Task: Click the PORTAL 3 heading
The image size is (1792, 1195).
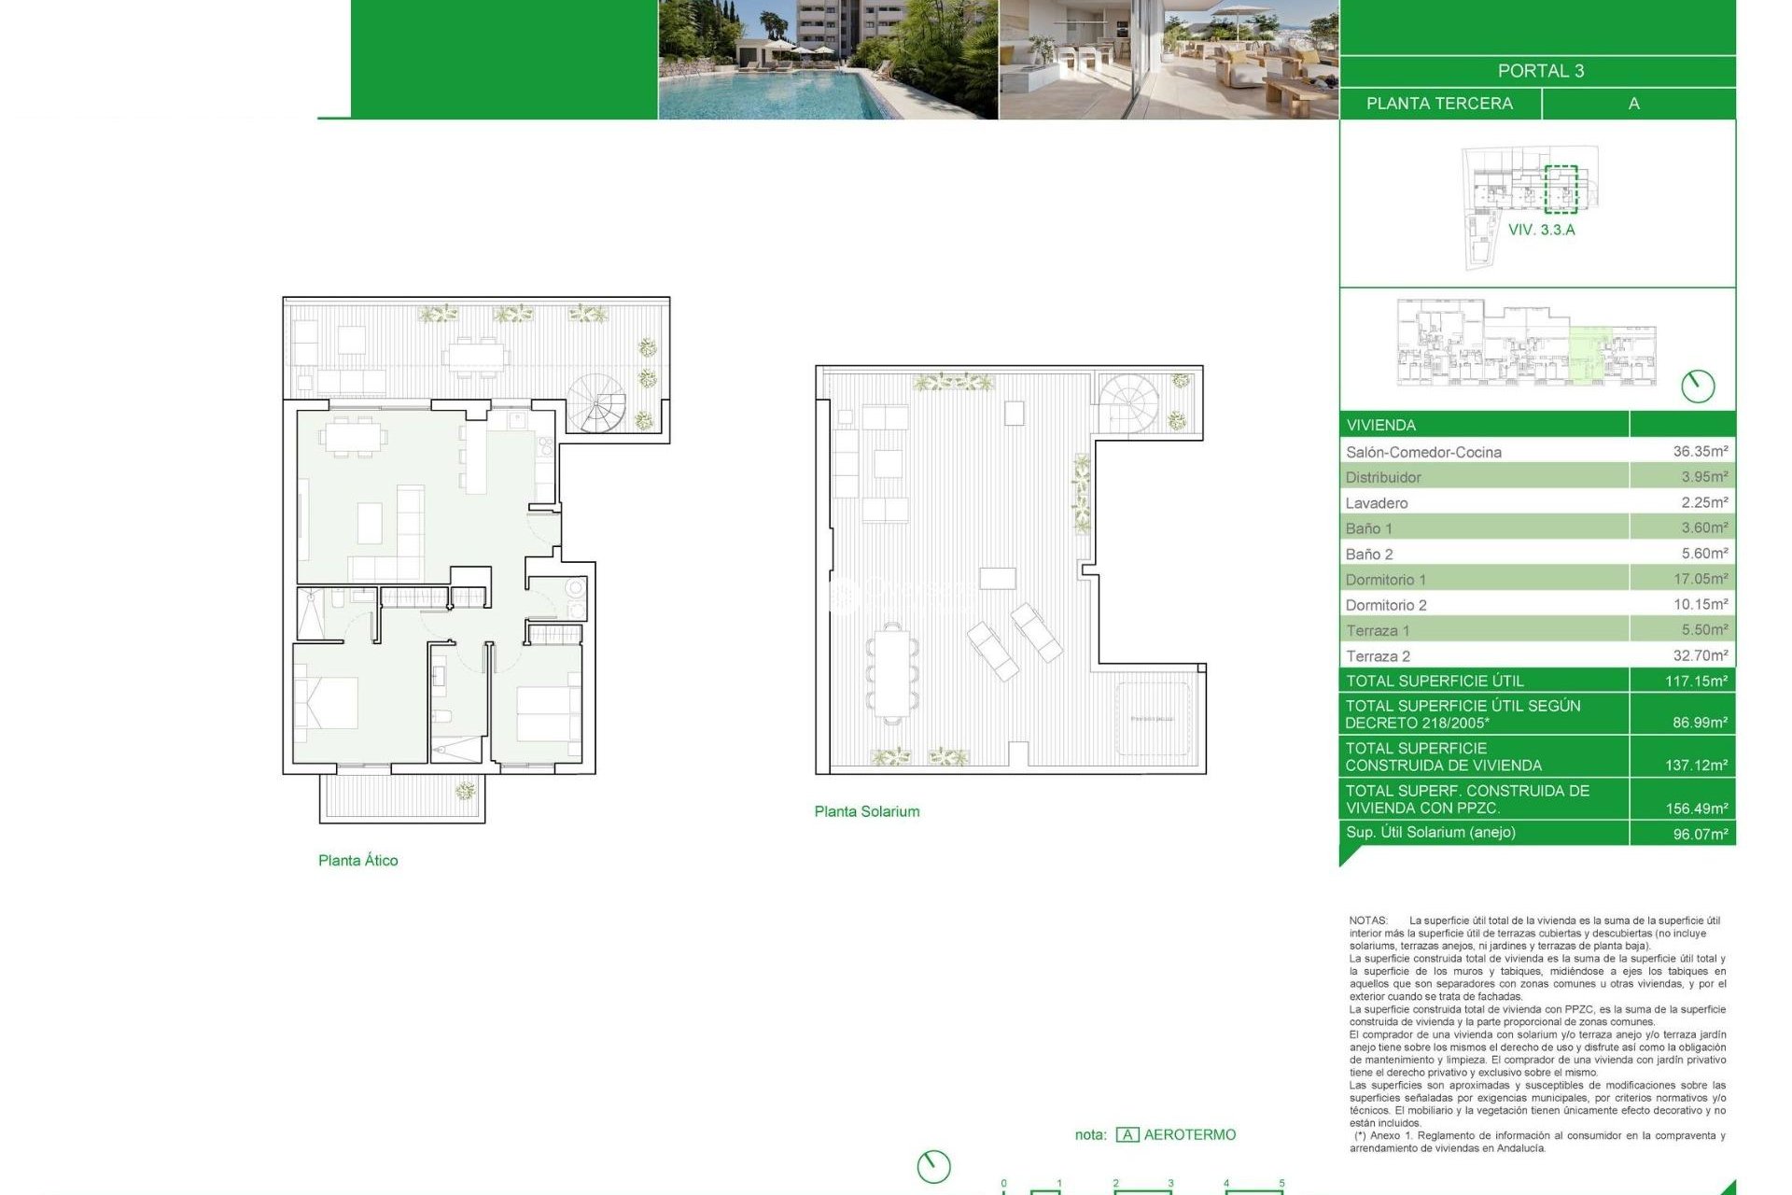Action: tap(1540, 71)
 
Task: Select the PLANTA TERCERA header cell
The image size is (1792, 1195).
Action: tap(1439, 104)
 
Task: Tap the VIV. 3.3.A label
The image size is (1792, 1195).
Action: tap(1541, 230)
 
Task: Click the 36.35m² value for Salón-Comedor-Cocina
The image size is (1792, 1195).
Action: tap(1700, 451)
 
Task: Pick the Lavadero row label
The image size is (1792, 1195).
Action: tap(1377, 503)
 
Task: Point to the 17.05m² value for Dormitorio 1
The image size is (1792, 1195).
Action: tap(1700, 579)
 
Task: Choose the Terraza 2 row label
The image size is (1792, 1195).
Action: tap(1378, 656)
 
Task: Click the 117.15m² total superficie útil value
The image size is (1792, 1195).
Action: tap(1696, 682)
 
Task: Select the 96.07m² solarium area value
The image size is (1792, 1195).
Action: tap(1700, 834)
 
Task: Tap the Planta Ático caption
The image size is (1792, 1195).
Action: tap(357, 861)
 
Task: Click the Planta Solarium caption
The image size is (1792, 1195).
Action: tap(866, 812)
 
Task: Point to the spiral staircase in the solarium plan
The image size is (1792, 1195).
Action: tap(1127, 402)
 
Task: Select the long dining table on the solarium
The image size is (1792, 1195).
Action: tap(892, 671)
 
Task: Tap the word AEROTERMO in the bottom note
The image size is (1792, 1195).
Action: tap(1189, 1135)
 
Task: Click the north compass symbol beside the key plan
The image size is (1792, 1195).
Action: tap(1697, 386)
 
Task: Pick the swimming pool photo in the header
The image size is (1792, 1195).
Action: tap(827, 60)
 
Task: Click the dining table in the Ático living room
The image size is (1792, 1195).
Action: tap(353, 436)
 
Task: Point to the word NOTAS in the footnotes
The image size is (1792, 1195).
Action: tap(1367, 921)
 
